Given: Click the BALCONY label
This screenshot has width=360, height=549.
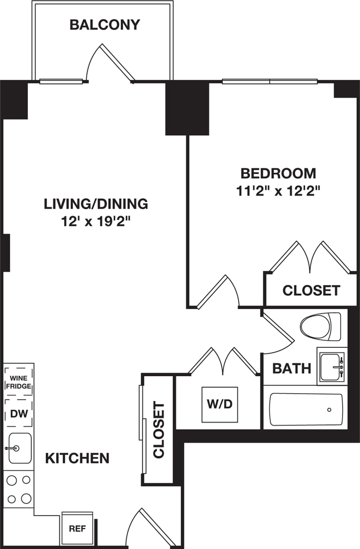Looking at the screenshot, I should point(105,24).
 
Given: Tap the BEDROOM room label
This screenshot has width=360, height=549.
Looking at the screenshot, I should point(278,173).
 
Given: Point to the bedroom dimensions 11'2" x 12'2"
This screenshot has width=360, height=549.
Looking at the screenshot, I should point(278,191).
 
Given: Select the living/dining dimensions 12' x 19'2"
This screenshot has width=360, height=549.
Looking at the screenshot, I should point(96,221).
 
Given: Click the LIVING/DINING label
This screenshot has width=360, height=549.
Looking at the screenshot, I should point(96,204).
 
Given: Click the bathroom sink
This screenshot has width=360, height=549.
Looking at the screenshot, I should point(332,367).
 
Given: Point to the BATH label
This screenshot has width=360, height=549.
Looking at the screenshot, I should point(292,369).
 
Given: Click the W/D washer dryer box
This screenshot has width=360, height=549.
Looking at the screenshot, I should point(220,404).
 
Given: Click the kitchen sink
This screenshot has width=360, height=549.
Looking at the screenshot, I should point(19,448).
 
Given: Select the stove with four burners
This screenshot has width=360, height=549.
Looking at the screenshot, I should point(19,489).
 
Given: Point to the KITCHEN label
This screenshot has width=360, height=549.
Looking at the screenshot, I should point(77,458).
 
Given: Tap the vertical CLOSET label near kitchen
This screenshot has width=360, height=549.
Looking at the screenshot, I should point(158,431).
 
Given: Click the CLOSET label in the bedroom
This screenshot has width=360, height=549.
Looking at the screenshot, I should point(311,290).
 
